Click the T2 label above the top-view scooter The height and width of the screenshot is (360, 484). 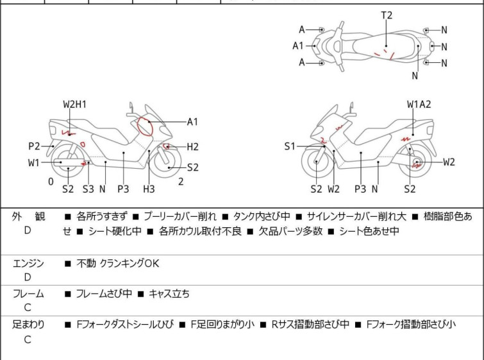pyautogui.click(x=387, y=15)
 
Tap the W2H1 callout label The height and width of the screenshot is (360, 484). pyautogui.click(x=75, y=105)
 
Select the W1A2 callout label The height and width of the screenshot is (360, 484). pyautogui.click(x=419, y=105)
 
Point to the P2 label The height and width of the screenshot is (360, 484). pyautogui.click(x=34, y=146)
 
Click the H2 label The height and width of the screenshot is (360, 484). pyautogui.click(x=192, y=147)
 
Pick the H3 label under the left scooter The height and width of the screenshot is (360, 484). pyautogui.click(x=149, y=189)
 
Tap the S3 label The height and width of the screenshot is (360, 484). pyautogui.click(x=88, y=189)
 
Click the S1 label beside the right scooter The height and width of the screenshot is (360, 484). pyautogui.click(x=290, y=147)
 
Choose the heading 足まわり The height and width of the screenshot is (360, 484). pyautogui.click(x=29, y=325)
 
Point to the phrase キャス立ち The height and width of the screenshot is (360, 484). pyautogui.click(x=169, y=294)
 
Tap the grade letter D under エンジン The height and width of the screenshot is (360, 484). pyautogui.click(x=28, y=277)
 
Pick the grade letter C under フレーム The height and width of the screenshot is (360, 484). pyautogui.click(x=28, y=308)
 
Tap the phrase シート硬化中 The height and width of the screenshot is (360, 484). pyautogui.click(x=106, y=231)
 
